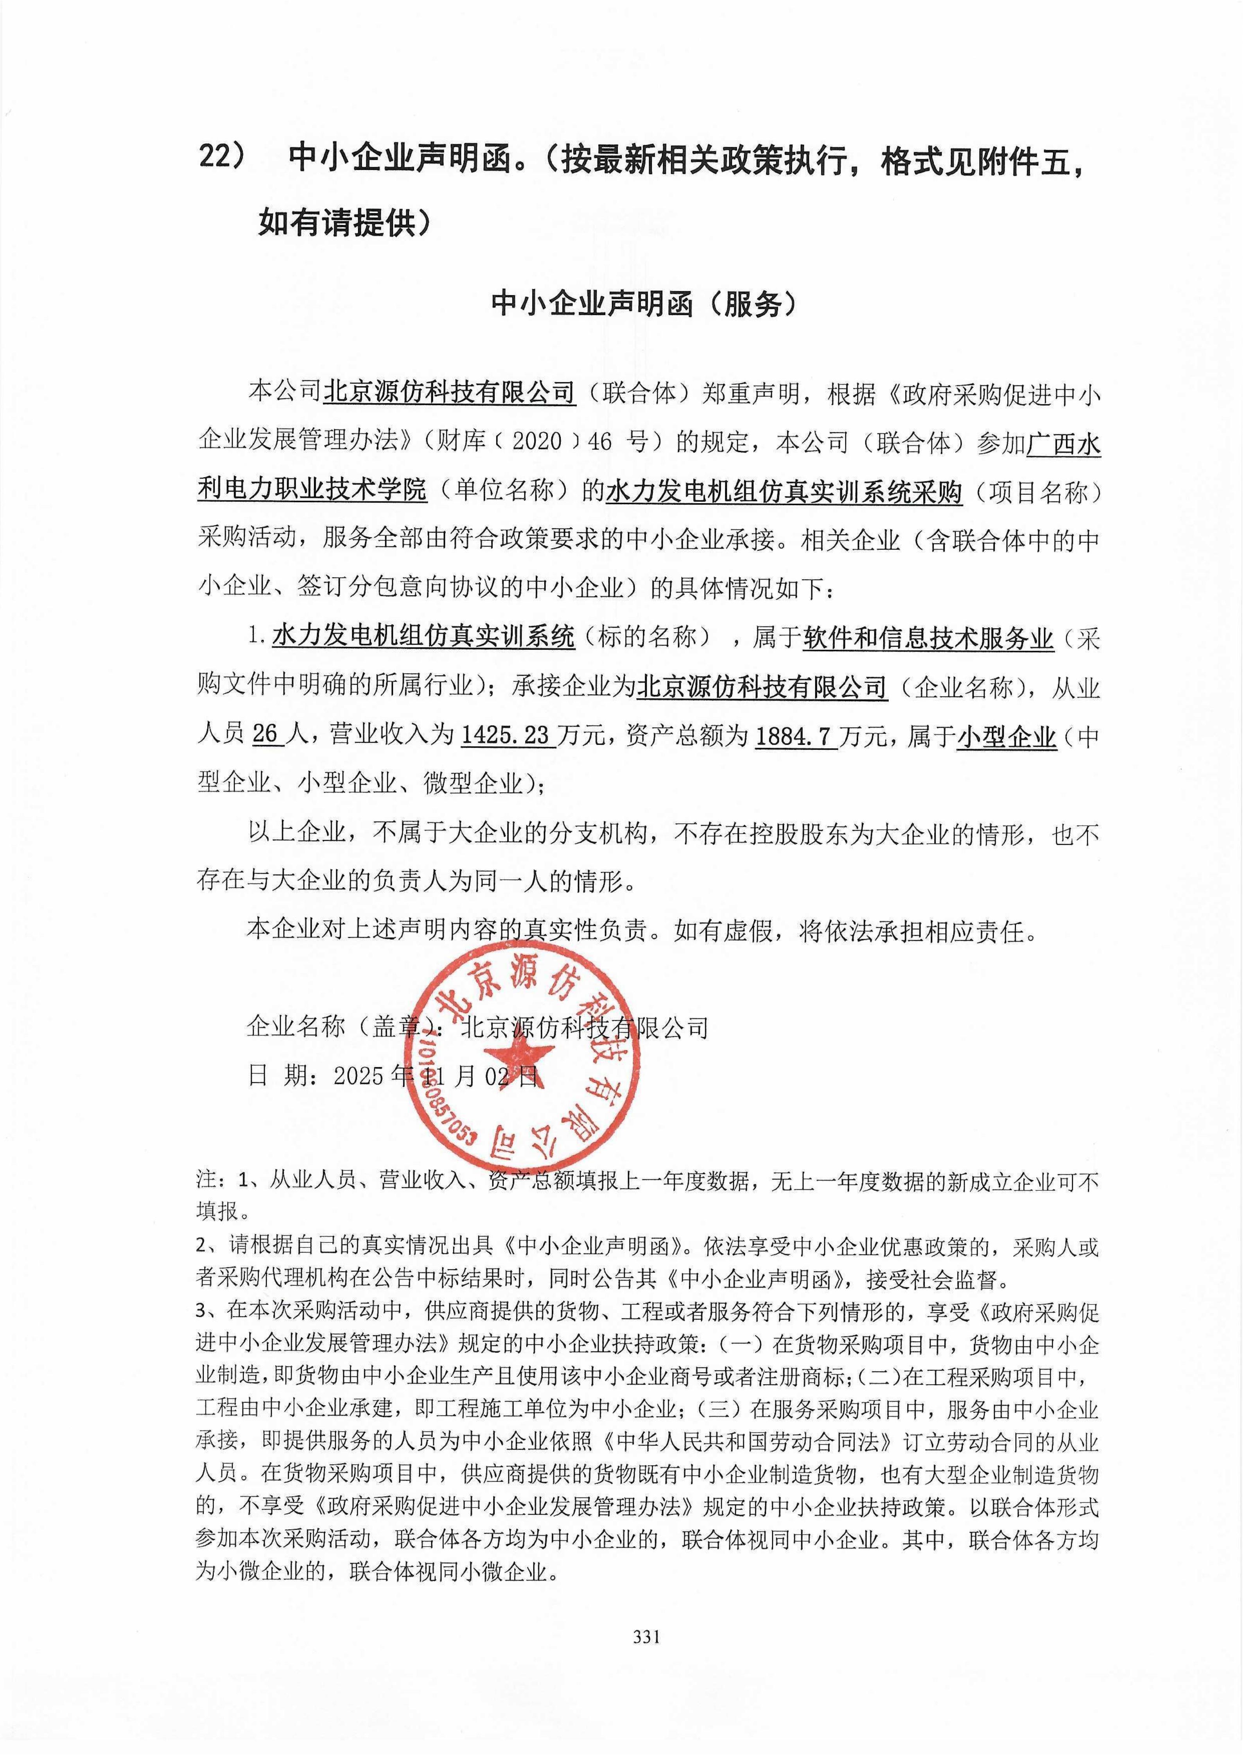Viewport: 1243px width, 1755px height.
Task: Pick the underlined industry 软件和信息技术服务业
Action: tap(928, 638)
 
